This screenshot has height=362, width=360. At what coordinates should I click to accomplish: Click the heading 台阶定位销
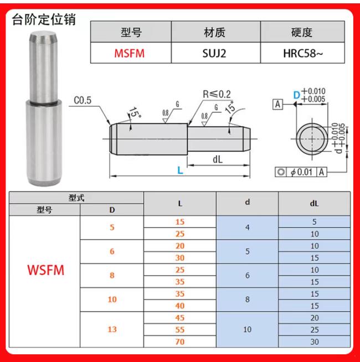pyautogui.click(x=44, y=20)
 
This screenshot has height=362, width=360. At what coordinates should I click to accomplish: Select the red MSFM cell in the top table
pyautogui.click(x=130, y=53)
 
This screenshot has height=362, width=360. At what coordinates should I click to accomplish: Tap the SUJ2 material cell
pyautogui.click(x=215, y=53)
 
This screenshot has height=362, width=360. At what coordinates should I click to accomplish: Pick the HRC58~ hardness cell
pyautogui.click(x=302, y=53)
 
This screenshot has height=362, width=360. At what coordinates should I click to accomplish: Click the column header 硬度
pyautogui.click(x=302, y=32)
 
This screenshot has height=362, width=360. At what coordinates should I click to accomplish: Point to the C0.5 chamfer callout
pyautogui.click(x=84, y=101)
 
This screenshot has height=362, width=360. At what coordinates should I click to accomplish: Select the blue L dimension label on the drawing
pyautogui.click(x=180, y=170)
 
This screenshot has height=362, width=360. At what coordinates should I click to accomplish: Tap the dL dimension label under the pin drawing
pyautogui.click(x=217, y=160)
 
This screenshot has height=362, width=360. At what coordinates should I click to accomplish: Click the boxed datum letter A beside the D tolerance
pyautogui.click(x=279, y=104)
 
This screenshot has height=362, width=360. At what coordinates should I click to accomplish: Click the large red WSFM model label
pyautogui.click(x=46, y=271)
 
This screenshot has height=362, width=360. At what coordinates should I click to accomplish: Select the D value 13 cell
pyautogui.click(x=112, y=329)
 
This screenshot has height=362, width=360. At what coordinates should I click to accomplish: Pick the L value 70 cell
pyautogui.click(x=180, y=342)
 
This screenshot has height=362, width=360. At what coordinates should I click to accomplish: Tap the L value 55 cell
pyautogui.click(x=180, y=329)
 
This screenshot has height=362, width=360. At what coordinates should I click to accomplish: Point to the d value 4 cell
pyautogui.click(x=247, y=227)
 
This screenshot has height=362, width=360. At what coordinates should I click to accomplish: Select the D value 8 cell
pyautogui.click(x=112, y=276)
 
